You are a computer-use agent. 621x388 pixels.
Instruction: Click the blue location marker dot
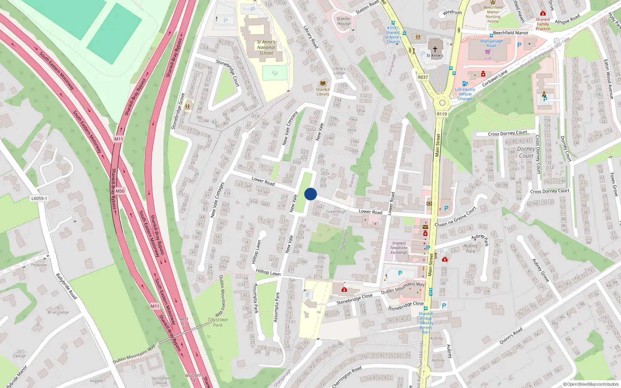coord(310,194)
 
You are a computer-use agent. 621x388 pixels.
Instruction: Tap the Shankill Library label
coord(323,92)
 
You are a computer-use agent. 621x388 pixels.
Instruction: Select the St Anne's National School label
coord(266,47)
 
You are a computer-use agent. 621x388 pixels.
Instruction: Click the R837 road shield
coord(423,77)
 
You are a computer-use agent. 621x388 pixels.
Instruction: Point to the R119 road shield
coord(442,114)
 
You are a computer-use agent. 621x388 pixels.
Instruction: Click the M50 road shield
coord(120,191)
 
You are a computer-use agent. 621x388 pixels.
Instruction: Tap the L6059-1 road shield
coord(39,198)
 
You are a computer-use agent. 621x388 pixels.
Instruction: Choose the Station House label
coord(343,21)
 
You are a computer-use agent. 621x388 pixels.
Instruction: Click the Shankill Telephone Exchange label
coord(399,248)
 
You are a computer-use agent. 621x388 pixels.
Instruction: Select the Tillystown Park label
coord(218,322)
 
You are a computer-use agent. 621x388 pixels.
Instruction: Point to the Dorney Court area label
coord(526,152)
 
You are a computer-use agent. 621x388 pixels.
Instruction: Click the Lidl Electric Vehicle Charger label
coord(465,94)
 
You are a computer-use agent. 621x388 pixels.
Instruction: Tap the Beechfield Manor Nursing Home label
coord(493,14)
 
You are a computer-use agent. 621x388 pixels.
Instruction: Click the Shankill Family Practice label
coord(543,24)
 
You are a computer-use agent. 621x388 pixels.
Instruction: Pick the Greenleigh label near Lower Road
coord(336,211)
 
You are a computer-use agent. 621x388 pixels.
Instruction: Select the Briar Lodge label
coord(58,312)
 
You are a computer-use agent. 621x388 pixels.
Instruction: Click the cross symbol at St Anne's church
coord(435,49)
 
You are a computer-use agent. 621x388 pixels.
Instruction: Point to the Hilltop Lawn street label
coord(268,272)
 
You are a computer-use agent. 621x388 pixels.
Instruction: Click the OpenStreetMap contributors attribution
coord(591,384)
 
